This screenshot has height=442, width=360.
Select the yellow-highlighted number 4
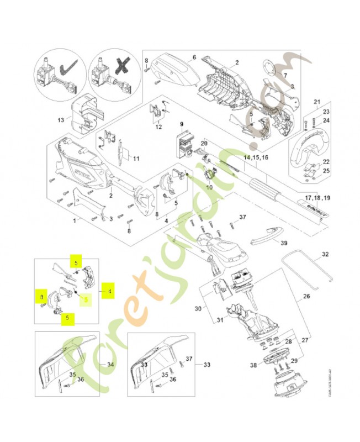tap(110, 290)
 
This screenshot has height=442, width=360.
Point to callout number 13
tap(61, 119)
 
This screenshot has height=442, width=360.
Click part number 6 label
tap(194, 57)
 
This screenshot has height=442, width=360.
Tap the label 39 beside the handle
tap(284, 243)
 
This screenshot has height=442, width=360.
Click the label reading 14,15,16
tap(256, 157)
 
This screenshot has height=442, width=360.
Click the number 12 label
tap(158, 127)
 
